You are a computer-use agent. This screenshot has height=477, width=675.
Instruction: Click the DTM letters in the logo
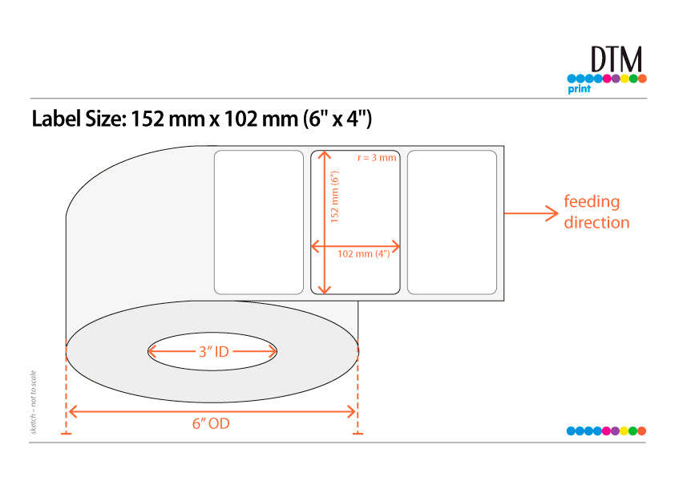pyautogui.click(x=616, y=59)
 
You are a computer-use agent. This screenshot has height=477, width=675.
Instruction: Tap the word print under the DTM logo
pyautogui.click(x=580, y=89)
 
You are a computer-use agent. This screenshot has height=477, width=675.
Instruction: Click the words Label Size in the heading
pyautogui.click(x=79, y=119)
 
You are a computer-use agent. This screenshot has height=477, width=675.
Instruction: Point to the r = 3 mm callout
pyautogui.click(x=377, y=158)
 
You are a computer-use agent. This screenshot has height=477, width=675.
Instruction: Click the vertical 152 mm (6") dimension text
pyautogui.click(x=334, y=196)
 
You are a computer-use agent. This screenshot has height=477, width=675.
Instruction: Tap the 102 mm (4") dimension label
pyautogui.click(x=364, y=253)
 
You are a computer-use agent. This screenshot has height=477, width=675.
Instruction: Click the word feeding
pyautogui.click(x=592, y=201)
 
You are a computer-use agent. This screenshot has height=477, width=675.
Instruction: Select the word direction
pyautogui.click(x=596, y=223)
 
